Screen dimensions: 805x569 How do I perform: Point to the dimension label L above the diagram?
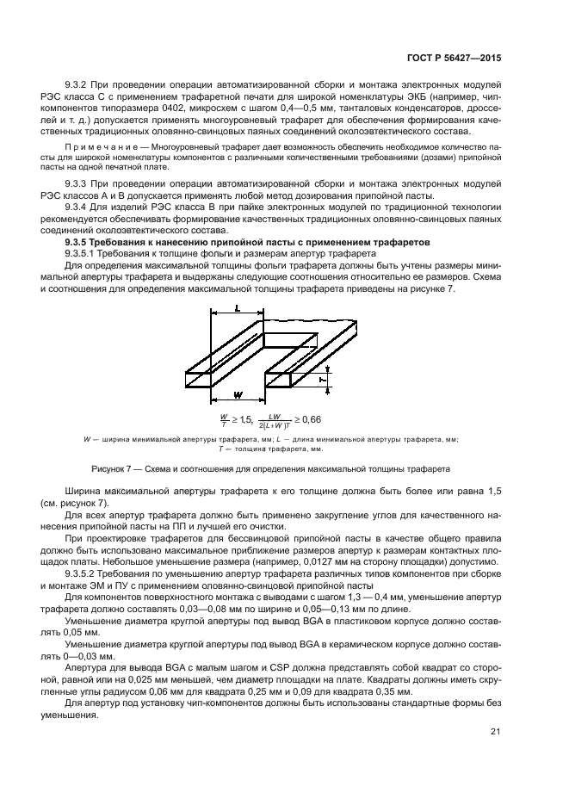[237, 308]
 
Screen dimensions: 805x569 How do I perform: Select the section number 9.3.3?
[79, 184]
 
